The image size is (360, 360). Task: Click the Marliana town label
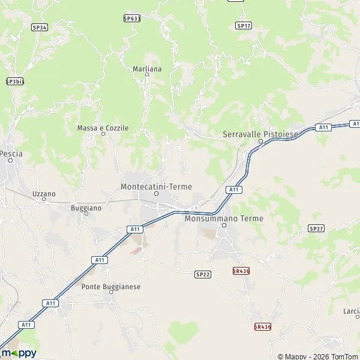tap(147, 69)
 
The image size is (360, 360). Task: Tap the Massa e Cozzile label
tap(103, 128)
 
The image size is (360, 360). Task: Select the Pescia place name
tap(11, 154)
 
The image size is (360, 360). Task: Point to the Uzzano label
tap(44, 194)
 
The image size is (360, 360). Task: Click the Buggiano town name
tap(86, 207)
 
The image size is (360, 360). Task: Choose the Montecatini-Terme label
tap(156, 187)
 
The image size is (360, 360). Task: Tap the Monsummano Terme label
tap(224, 218)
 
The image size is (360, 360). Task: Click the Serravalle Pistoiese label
tap(260, 134)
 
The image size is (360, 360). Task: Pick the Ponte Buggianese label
tap(111, 287)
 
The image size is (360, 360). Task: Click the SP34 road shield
tap(40, 27)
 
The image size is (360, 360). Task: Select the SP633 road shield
tap(132, 19)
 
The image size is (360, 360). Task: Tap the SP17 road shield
tap(243, 26)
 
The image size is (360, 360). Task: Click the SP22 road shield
tap(203, 274)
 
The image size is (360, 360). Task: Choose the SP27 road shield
tap(316, 229)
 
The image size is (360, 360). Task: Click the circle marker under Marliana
tap(147, 74)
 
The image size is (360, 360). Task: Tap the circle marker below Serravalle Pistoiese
tap(260, 142)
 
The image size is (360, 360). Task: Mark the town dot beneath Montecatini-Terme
tap(156, 193)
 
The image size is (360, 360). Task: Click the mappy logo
tap(19, 353)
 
